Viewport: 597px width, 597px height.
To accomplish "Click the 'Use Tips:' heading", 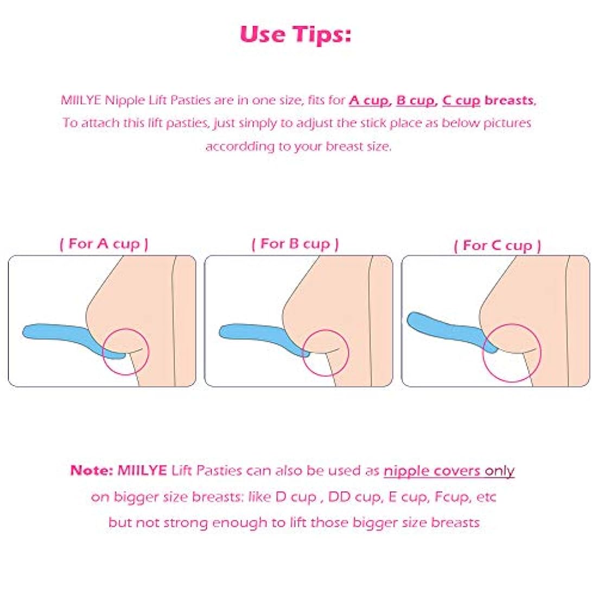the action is tap(295, 34).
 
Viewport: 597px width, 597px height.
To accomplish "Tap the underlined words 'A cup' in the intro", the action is tap(369, 100).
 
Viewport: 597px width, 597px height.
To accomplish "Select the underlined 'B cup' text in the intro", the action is tap(415, 100).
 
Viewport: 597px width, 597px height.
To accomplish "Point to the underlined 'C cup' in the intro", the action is tap(461, 100).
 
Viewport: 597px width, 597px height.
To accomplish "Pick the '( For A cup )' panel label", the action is tap(104, 244).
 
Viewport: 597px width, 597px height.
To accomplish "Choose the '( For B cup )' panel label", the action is tap(295, 244).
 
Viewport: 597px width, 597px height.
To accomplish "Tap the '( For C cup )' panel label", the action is tap(497, 245).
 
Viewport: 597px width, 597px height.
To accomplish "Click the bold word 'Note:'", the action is tap(92, 471).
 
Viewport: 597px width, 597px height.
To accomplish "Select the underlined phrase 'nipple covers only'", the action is tap(449, 471).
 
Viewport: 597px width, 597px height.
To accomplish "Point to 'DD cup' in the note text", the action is tap(355, 497).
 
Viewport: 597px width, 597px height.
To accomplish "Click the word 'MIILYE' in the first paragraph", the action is tap(81, 100).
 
